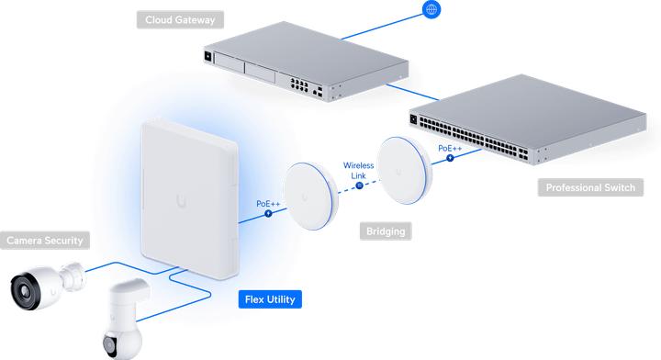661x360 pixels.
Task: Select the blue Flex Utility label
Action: pos(269,298)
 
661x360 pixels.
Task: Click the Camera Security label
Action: pos(45,241)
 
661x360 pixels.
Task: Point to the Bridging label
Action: pos(386,231)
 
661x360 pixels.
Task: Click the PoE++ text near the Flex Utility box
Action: pos(268,203)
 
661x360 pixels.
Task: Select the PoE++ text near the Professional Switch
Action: pos(450,148)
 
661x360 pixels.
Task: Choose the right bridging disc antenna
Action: pos(404,170)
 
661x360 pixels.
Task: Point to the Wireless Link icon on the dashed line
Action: pos(359,186)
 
